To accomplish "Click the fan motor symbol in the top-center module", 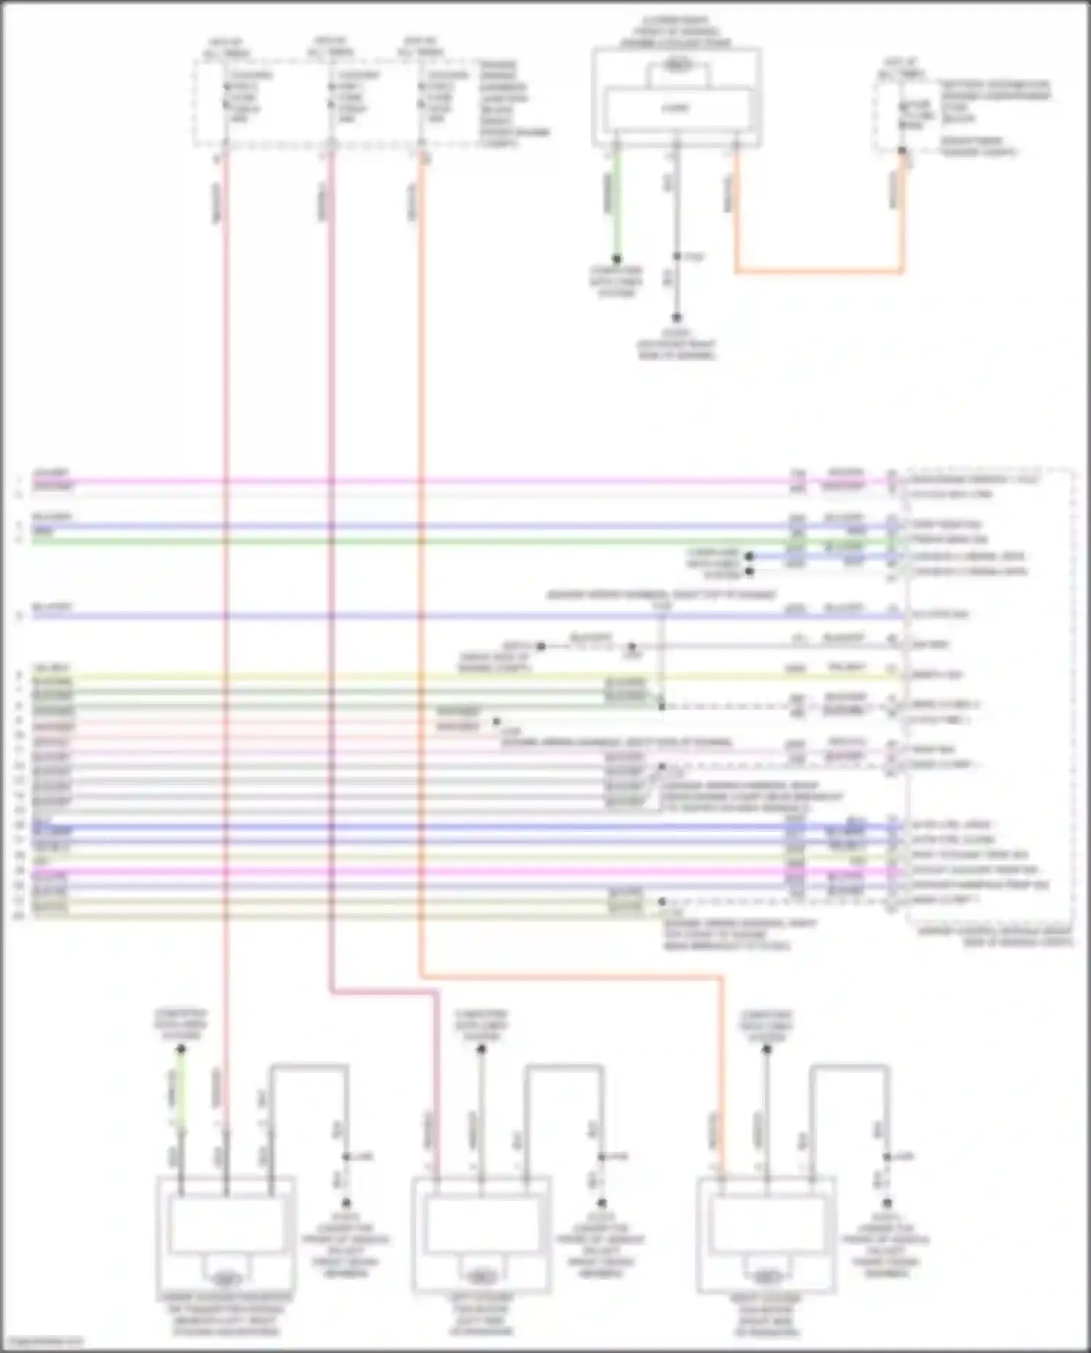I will (x=677, y=67).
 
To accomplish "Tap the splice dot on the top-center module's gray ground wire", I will (x=676, y=257).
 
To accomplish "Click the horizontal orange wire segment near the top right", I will (x=819, y=272).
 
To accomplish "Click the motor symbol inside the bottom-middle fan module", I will (x=480, y=1277).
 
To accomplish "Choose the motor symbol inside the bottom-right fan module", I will (x=765, y=1277).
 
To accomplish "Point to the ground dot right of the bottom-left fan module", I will (x=346, y=1203).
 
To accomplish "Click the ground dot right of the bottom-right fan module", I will (x=887, y=1203).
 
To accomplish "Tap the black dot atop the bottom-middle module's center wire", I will (x=481, y=1049).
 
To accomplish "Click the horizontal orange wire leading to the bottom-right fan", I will (x=571, y=977).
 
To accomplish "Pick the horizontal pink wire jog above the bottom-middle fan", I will (x=384, y=990).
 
